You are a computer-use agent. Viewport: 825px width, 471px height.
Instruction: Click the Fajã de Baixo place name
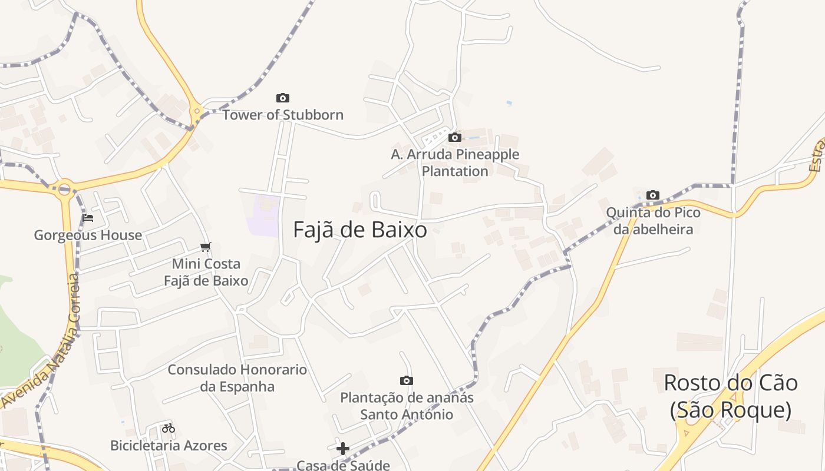point(360,230)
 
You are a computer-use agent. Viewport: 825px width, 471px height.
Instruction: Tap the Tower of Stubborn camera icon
point(283,98)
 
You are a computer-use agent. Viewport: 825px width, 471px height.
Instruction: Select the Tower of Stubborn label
point(283,115)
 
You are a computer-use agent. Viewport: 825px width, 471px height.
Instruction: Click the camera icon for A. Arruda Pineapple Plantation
point(455,138)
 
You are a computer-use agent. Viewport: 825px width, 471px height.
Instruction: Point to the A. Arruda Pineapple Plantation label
point(455,163)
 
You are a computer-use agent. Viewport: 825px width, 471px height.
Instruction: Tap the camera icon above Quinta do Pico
point(653,195)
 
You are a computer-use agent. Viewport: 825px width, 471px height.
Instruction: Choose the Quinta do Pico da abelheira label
point(653,221)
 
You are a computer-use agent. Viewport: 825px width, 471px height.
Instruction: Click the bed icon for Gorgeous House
point(88,218)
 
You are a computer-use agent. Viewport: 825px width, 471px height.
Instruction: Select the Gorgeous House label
point(88,235)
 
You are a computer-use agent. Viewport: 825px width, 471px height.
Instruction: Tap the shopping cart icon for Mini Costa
point(205,247)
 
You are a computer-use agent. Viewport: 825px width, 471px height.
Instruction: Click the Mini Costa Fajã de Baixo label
point(206,272)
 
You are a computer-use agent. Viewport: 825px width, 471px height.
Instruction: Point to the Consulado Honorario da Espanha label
point(237,378)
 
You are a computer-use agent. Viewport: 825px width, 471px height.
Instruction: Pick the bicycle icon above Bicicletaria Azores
point(169,428)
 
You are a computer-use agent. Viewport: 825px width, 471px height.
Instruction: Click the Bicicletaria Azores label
point(169,446)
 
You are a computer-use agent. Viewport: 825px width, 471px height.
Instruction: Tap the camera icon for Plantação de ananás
point(407,381)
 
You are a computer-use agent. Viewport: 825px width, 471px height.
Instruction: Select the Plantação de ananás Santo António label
point(407,406)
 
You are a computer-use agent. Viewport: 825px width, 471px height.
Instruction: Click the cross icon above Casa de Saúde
point(343,449)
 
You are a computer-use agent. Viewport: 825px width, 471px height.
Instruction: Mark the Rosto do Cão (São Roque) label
point(731,396)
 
